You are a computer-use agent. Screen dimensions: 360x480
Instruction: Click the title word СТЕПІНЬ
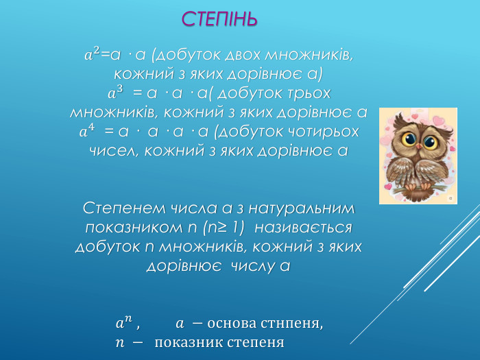pyautogui.click(x=219, y=19)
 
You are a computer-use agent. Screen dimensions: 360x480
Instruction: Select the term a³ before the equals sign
pyautogui.click(x=116, y=91)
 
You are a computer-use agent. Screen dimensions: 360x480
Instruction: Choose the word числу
pyautogui.click(x=251, y=265)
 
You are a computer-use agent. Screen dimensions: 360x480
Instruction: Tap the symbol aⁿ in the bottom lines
pyautogui.click(x=124, y=322)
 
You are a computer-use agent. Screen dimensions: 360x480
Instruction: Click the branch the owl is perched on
pyautogui.click(x=418, y=184)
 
